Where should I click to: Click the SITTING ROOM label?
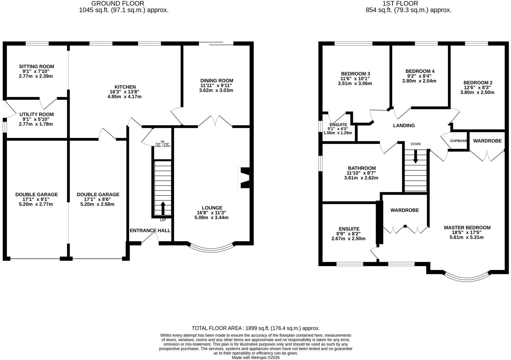click(x=37, y=67)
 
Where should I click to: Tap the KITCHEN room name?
click(x=125, y=87)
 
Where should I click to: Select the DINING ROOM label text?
click(x=217, y=81)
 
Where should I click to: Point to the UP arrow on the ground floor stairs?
click(x=163, y=208)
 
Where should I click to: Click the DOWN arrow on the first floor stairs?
click(x=416, y=156)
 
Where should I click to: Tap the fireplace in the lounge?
click(x=244, y=178)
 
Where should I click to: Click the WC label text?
click(x=163, y=142)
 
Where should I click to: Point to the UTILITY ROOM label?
click(x=37, y=114)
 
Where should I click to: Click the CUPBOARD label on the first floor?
click(x=458, y=141)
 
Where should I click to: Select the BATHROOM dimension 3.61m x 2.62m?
click(x=361, y=178)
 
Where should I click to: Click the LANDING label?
click(x=404, y=125)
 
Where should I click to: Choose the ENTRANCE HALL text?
click(x=150, y=231)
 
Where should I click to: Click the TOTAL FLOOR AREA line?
click(x=255, y=328)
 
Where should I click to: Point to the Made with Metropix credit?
click(x=255, y=357)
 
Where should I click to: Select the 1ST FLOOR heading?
click(x=409, y=3)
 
